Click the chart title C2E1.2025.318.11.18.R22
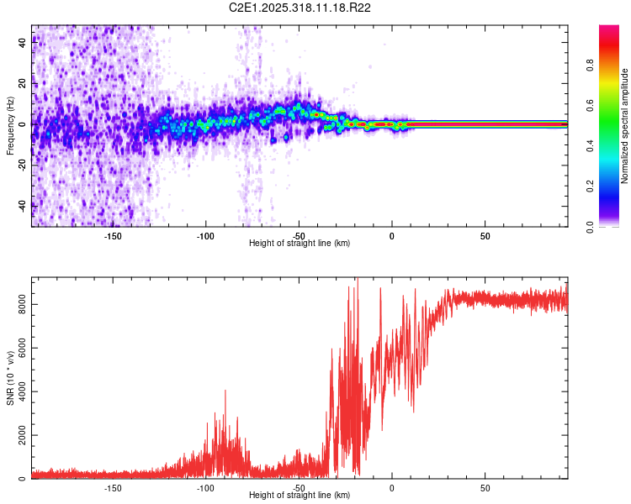[300, 8]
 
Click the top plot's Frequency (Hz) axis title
[10, 126]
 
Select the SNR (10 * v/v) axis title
[10, 378]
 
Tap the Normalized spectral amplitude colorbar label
[625, 126]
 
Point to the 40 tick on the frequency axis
[23, 44]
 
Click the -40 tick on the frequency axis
[21, 205]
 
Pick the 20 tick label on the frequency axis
[23, 84]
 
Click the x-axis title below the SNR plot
[300, 496]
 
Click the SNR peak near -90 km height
[225, 391]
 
